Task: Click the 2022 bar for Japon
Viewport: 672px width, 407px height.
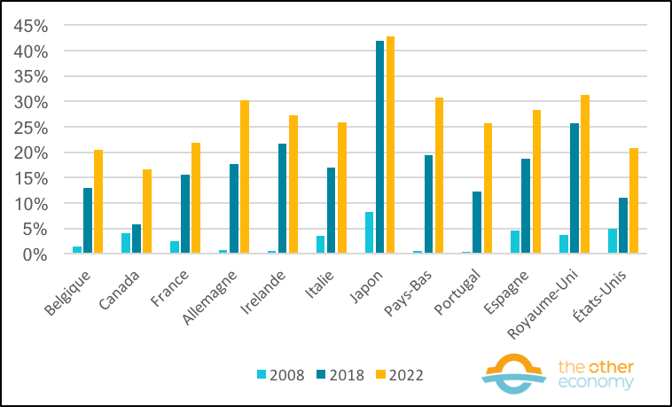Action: click(390, 145)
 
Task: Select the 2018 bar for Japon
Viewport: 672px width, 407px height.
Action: click(380, 147)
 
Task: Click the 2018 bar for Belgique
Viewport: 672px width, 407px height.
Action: click(88, 221)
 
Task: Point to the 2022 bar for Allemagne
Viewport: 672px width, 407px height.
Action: click(244, 177)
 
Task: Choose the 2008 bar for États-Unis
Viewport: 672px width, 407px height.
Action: click(612, 241)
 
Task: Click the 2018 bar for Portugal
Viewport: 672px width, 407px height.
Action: click(477, 223)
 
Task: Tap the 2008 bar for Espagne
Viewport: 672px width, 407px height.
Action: click(515, 242)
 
